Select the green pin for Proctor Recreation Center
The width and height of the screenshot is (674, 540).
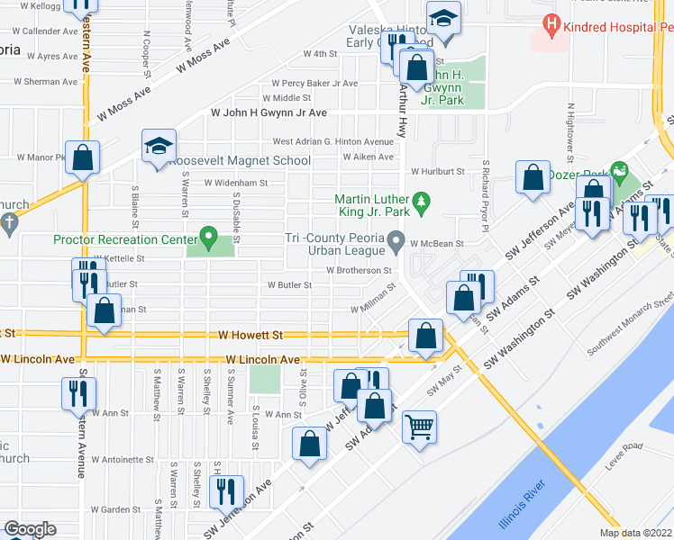click(209, 239)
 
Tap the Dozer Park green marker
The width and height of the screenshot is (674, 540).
click(618, 169)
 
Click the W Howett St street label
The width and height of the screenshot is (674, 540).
click(250, 335)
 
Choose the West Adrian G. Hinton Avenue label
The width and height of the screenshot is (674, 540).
click(333, 141)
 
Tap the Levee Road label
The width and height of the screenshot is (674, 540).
click(638, 447)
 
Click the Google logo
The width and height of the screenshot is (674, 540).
click(30, 529)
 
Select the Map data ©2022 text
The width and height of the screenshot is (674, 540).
click(635, 533)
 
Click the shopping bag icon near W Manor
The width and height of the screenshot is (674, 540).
click(83, 157)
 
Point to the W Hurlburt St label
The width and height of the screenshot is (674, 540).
click(437, 171)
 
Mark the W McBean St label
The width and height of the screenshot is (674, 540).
click(436, 243)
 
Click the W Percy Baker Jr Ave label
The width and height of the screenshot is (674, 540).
click(308, 84)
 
